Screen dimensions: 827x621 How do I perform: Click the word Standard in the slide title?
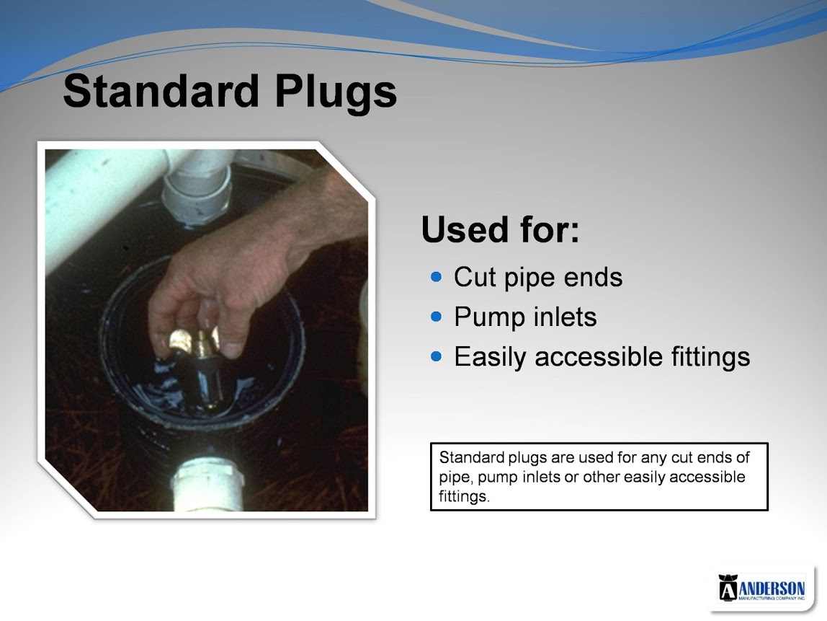click(x=161, y=91)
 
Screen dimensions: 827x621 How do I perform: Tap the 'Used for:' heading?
click(x=500, y=229)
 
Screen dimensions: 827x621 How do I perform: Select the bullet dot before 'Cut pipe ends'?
click(x=436, y=277)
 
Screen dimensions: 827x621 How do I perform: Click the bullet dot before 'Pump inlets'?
click(x=436, y=317)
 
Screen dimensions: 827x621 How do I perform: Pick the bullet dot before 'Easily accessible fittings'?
click(x=436, y=356)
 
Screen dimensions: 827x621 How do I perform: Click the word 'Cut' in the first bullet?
click(x=475, y=277)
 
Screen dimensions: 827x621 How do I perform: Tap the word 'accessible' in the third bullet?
click(x=599, y=356)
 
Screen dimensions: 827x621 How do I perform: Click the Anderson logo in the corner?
click(x=761, y=589)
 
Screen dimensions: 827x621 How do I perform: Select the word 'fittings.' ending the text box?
click(x=464, y=497)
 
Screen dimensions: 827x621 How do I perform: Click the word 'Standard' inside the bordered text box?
click(x=472, y=457)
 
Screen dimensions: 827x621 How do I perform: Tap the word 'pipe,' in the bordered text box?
click(x=456, y=478)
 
